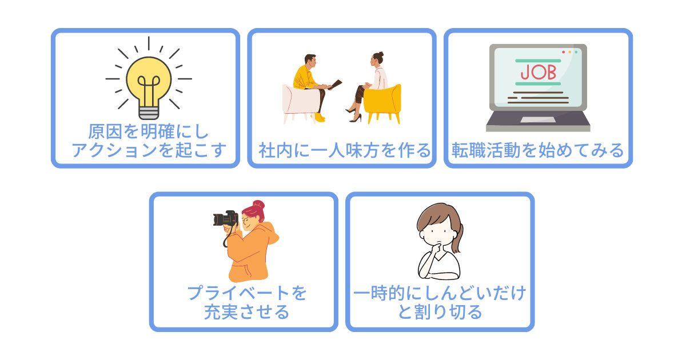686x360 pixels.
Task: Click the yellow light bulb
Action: tap(149, 83)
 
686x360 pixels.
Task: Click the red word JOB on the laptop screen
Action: tap(539, 73)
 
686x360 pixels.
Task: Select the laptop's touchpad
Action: tap(539, 119)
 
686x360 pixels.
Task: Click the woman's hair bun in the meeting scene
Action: tap(381, 55)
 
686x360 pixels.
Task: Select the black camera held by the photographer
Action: tap(225, 218)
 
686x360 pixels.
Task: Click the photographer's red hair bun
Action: tap(258, 205)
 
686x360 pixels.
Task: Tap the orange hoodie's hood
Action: tap(270, 233)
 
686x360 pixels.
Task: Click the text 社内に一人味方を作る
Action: tap(345, 150)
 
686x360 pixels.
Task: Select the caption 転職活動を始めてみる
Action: tap(538, 150)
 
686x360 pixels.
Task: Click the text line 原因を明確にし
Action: tap(149, 131)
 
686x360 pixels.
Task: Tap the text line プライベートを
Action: tap(247, 293)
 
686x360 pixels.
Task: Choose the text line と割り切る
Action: tap(440, 312)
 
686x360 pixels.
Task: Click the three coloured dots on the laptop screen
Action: tap(569, 52)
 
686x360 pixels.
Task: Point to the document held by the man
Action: tap(336, 84)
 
